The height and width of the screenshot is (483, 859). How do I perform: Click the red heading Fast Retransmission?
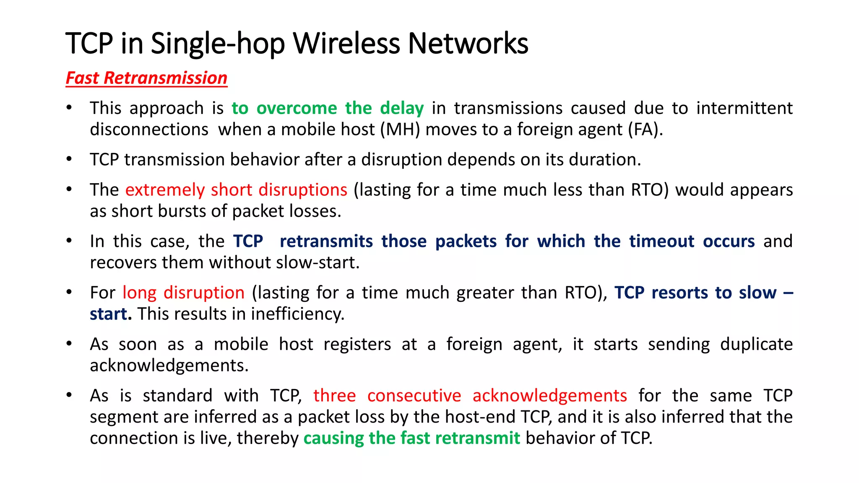[x=146, y=78]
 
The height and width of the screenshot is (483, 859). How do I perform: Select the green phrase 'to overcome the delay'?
[x=328, y=108]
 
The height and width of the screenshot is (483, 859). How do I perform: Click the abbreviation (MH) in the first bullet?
[x=400, y=130]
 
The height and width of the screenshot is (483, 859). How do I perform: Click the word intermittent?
[x=744, y=108]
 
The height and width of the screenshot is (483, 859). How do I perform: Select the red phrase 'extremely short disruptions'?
[x=236, y=190]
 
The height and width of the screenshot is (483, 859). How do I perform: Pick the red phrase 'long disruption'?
[x=183, y=293]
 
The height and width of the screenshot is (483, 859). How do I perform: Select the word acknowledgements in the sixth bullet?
[x=169, y=366]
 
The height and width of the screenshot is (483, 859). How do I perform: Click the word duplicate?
[x=756, y=344]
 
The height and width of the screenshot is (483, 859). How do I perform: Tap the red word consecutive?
[x=414, y=396]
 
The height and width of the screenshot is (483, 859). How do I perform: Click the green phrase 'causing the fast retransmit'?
[x=411, y=439]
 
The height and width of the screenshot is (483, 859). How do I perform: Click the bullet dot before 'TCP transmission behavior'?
[x=69, y=159]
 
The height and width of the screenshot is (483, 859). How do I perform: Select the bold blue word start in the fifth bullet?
[x=108, y=314]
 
